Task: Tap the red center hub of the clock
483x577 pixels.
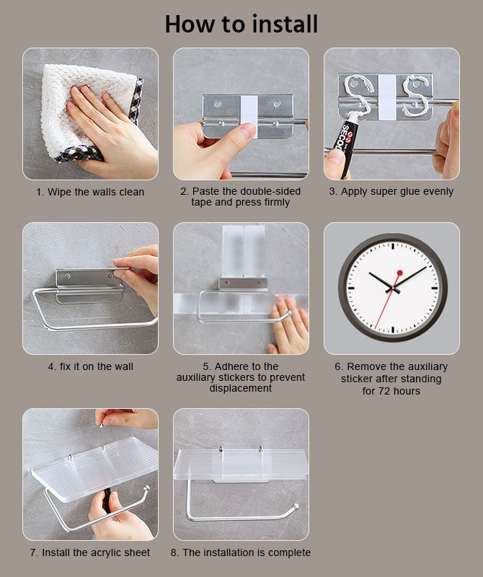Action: tap(399, 273)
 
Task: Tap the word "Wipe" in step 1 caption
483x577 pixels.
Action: tap(60, 192)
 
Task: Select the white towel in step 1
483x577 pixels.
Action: tap(88, 110)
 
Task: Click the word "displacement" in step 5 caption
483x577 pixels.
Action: tap(241, 388)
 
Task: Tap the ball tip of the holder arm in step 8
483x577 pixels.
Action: tap(296, 507)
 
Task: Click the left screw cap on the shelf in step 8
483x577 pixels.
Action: tap(221, 449)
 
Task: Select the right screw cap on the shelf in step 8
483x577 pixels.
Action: tap(261, 449)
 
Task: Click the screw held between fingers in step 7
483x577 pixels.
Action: tap(101, 425)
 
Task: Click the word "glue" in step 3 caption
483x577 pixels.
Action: tap(406, 192)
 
